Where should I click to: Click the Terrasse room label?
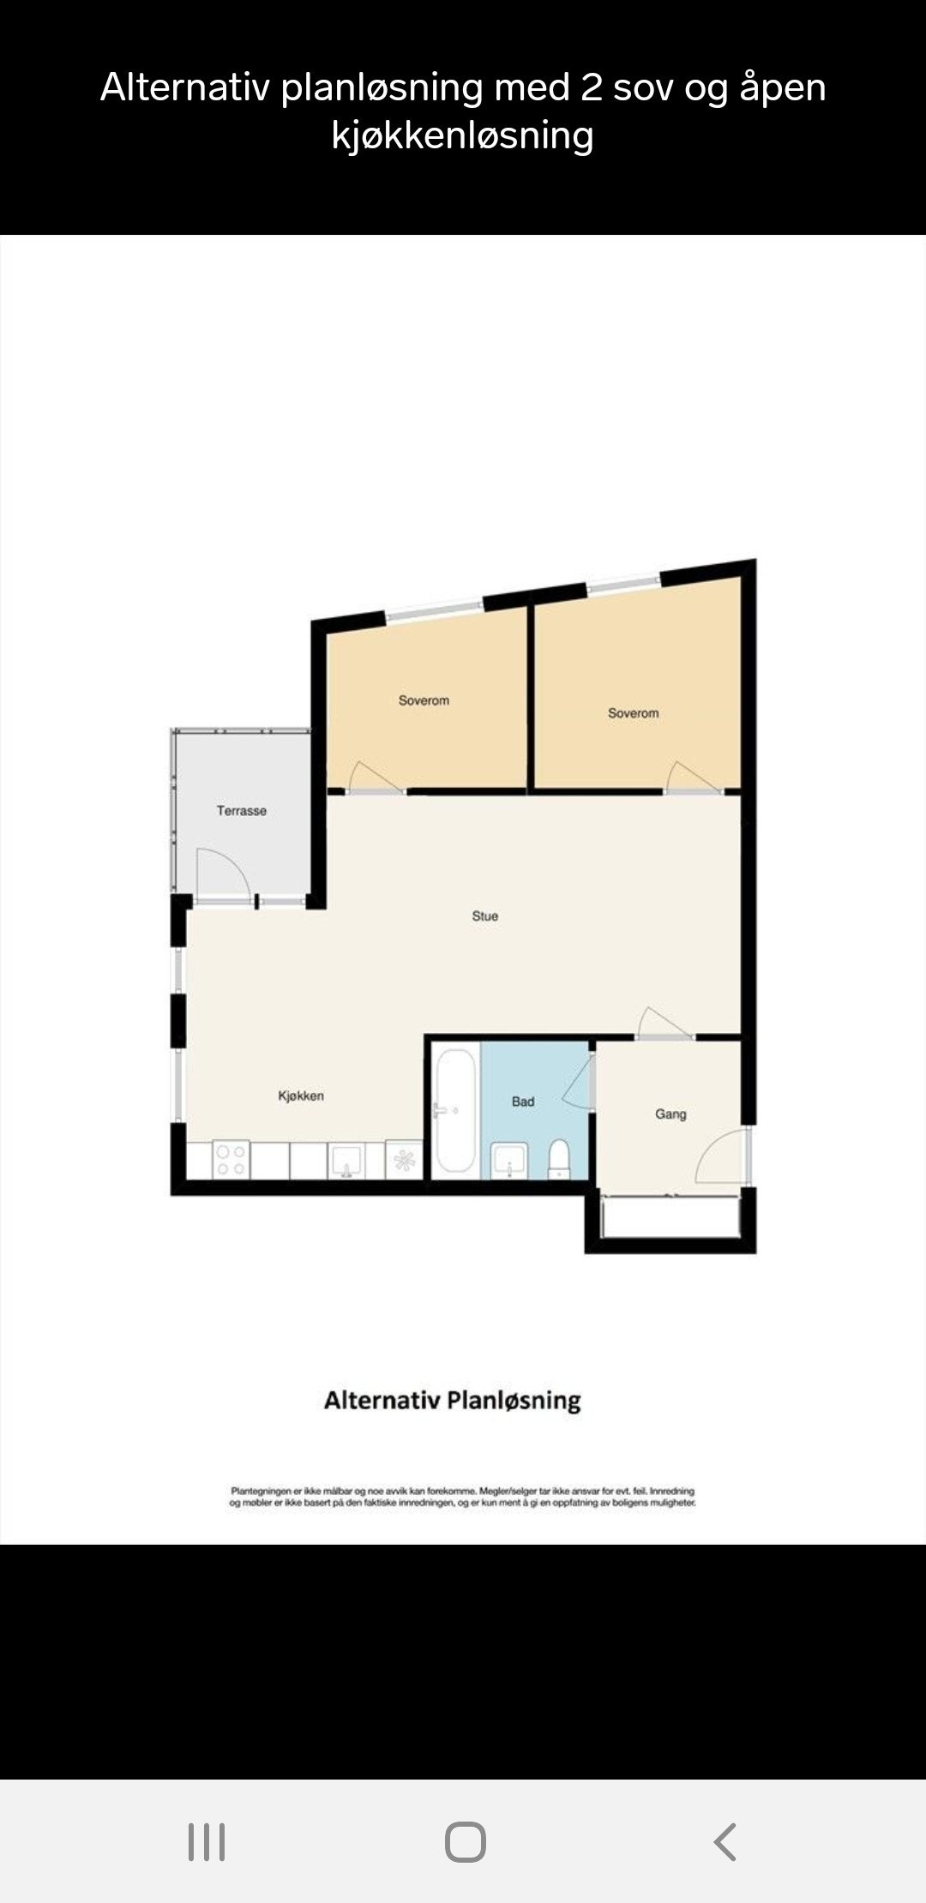tap(241, 811)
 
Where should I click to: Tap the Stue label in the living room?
tap(484, 916)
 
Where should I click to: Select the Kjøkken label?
tap(301, 1096)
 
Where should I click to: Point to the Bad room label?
tap(523, 1102)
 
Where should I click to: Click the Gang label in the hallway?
tap(670, 1114)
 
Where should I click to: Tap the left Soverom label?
tap(424, 701)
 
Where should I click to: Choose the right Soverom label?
tap(634, 713)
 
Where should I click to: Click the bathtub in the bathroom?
tap(455, 1112)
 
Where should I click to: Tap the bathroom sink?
tap(509, 1161)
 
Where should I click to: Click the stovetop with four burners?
tap(231, 1160)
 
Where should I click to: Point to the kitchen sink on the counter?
tap(347, 1162)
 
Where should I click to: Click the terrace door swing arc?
tap(223, 874)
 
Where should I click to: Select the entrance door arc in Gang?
tap(720, 1157)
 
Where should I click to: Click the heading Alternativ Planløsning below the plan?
tap(452, 1401)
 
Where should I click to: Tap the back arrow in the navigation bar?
tap(725, 1841)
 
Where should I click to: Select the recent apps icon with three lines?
tap(207, 1841)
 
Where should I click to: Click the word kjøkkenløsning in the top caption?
tap(462, 135)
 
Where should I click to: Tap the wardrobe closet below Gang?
tap(670, 1217)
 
